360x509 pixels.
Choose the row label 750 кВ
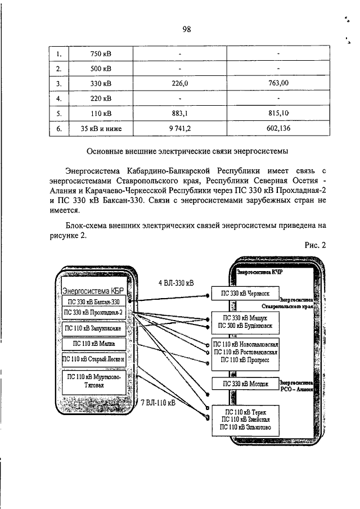pos(101,53)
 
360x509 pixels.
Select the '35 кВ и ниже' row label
pos(101,129)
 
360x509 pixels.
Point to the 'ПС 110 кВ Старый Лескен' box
pos(92,359)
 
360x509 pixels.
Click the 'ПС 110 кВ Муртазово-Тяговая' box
pos(92,381)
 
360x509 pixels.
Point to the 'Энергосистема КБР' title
pos(92,291)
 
